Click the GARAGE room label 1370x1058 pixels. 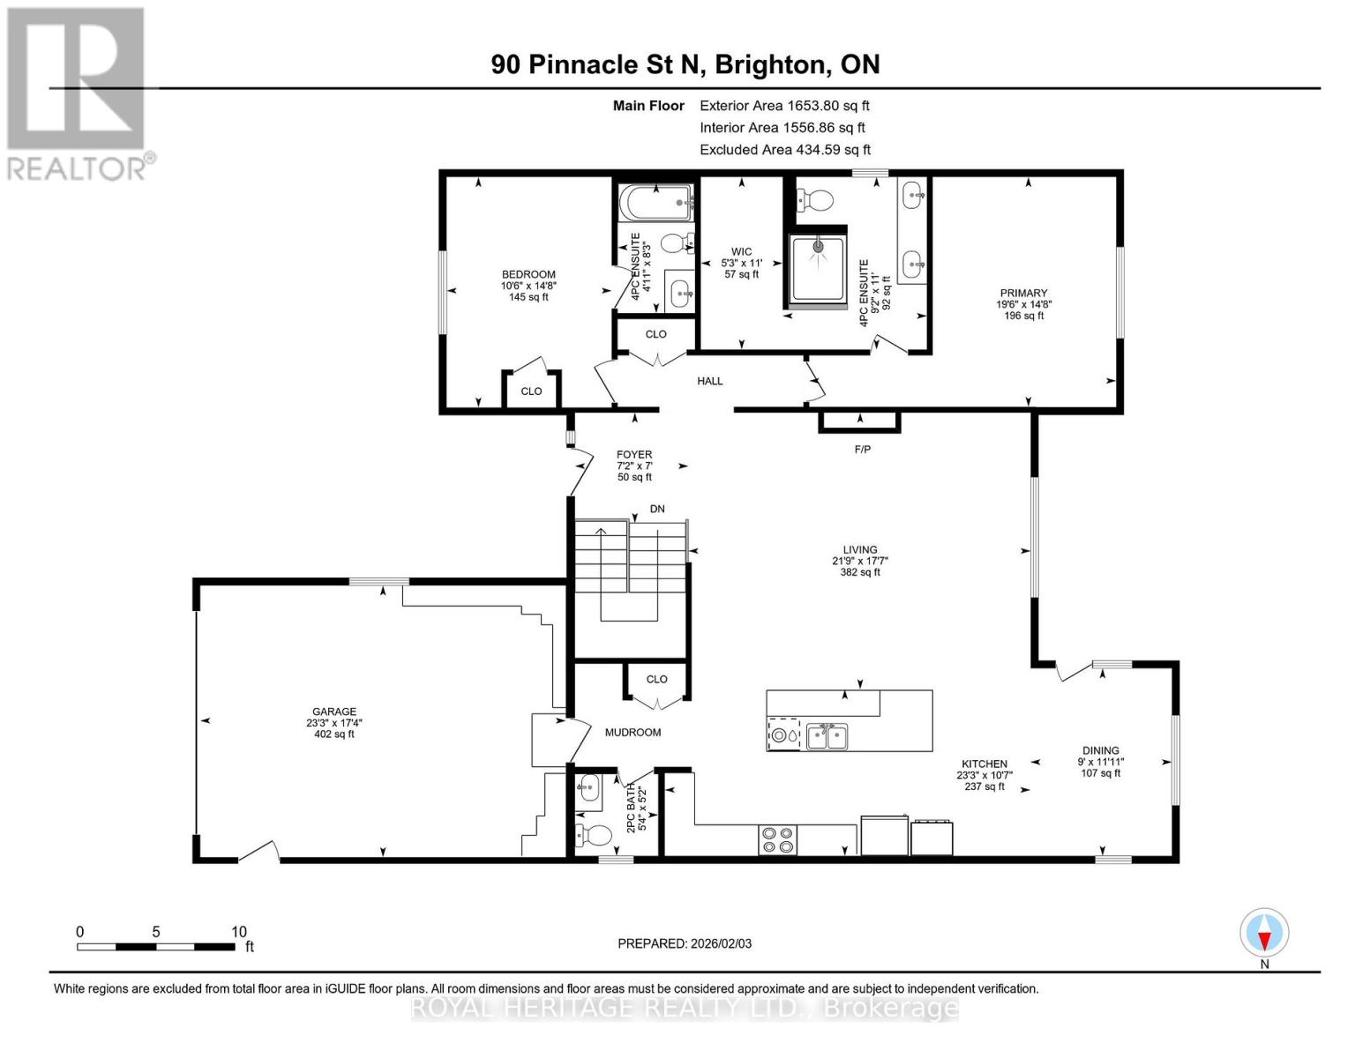333,712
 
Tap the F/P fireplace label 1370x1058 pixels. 862,450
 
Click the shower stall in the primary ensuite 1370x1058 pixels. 820,269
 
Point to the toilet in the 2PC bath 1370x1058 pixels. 595,834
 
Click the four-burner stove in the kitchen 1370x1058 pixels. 777,839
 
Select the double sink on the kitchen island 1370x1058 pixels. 827,736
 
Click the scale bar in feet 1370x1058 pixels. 156,947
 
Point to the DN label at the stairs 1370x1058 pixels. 657,510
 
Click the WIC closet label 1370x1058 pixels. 741,251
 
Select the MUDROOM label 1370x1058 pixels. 633,733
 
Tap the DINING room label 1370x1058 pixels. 1100,751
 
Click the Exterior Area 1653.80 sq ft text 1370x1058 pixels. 784,106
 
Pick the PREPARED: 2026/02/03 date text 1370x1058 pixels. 685,943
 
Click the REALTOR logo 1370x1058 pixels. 78,93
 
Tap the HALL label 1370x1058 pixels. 709,381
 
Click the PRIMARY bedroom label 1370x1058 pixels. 1023,294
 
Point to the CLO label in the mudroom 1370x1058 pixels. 656,680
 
